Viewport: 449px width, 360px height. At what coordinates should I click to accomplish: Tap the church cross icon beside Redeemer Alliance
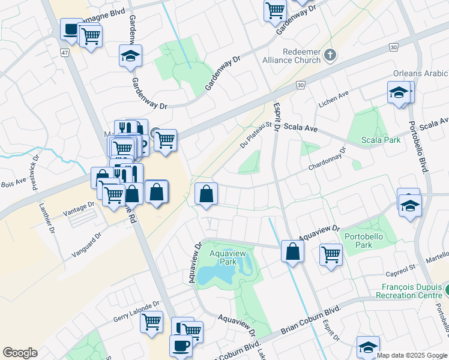point(330,56)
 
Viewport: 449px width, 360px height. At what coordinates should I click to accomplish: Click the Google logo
point(20,353)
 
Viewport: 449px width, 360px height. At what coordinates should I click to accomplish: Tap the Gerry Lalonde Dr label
point(136,311)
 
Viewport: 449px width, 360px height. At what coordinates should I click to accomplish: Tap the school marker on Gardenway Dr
point(130,56)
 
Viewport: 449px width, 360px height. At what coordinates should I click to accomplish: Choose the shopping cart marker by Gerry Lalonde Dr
point(152,321)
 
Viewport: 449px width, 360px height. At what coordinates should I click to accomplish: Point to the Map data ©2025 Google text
point(412,355)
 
